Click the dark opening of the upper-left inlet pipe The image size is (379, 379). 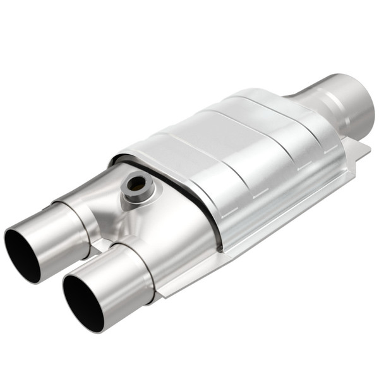pyautogui.click(x=22, y=254)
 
